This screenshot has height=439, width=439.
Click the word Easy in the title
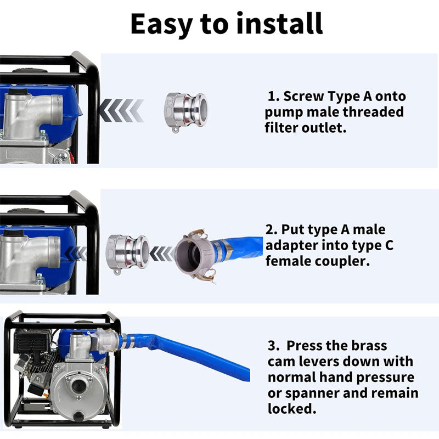pyautogui.click(x=161, y=25)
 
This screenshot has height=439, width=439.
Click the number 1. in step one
pyautogui.click(x=274, y=97)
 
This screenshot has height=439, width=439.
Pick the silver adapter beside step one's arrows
pyautogui.click(x=186, y=111)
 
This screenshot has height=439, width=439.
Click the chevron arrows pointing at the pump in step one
pyautogui.click(x=121, y=110)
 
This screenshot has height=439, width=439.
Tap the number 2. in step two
pyautogui.click(x=271, y=229)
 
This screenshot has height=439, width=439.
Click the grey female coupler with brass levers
pyautogui.click(x=196, y=254)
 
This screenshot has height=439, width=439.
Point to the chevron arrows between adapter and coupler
pyautogui.click(x=162, y=254)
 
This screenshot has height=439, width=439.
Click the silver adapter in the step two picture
pyautogui.click(x=127, y=254)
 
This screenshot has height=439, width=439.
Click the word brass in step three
pyautogui.click(x=369, y=346)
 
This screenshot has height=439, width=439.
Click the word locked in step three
pyautogui.click(x=292, y=409)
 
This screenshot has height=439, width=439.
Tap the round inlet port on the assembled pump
pyautogui.click(x=78, y=387)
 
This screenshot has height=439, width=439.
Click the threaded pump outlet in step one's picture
pyautogui.click(x=57, y=108)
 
